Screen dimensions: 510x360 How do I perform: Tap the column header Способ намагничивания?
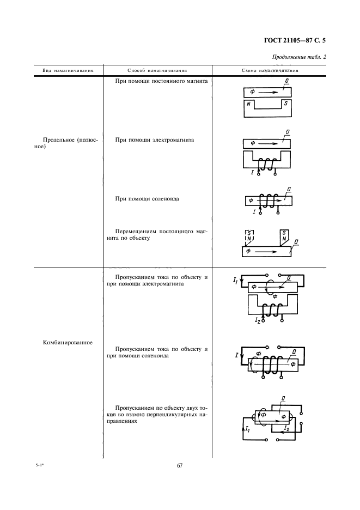(x=157, y=70)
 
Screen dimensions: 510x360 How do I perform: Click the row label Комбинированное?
(x=67, y=343)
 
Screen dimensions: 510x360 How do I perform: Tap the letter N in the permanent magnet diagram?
(x=248, y=104)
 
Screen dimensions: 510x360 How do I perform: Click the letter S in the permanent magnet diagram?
(x=285, y=102)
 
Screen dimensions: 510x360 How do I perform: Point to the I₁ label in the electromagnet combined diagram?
(x=235, y=280)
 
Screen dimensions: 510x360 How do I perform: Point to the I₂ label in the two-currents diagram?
(x=286, y=429)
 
